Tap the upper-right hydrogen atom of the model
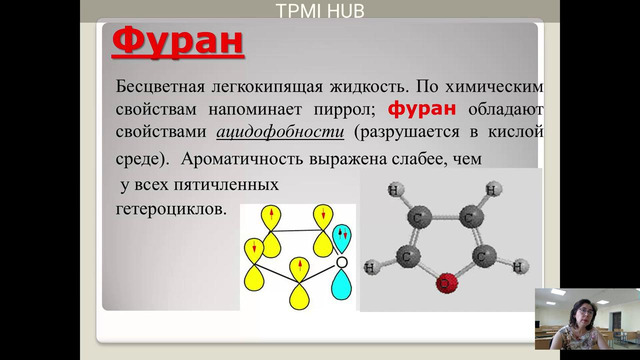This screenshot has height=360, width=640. (492, 189)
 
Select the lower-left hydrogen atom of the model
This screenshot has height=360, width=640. (371, 267)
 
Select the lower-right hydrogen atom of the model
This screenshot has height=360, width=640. (518, 266)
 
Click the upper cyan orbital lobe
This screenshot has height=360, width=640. (343, 236)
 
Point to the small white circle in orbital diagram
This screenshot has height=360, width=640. (342, 262)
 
